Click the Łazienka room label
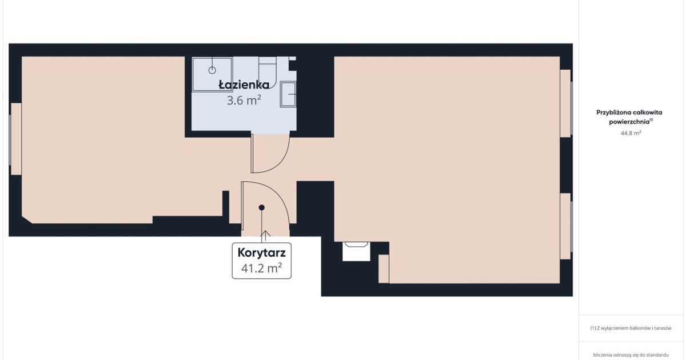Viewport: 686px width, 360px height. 244,85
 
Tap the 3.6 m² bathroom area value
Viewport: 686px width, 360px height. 244,100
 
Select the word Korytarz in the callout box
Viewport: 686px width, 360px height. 262,253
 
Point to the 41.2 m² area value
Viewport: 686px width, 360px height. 262,268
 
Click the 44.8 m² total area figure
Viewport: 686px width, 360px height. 631,133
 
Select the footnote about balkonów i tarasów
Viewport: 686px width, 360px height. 631,328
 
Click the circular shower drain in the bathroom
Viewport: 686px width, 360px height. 212,70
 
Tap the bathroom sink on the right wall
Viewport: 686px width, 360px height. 288,94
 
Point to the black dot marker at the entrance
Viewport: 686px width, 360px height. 262,207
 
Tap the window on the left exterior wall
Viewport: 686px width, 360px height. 15,139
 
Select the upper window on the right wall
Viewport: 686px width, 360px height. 566,103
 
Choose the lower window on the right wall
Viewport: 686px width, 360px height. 566,226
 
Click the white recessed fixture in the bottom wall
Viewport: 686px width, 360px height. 356,251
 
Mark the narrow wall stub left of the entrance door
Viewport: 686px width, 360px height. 226,207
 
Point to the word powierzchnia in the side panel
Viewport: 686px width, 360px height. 629,122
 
